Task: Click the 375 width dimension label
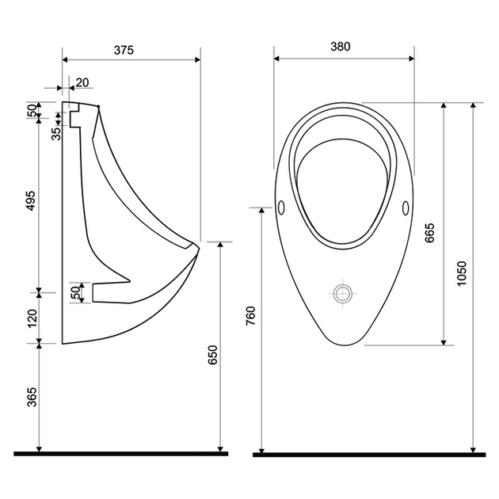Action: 124,50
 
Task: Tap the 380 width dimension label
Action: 341,47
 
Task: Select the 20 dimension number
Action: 82,82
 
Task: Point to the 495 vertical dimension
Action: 31,200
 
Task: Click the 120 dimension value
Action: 32,318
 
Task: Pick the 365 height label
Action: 32,397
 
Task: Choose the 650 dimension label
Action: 212,355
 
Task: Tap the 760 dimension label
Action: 251,315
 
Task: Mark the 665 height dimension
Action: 429,233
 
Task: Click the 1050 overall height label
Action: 461,274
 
